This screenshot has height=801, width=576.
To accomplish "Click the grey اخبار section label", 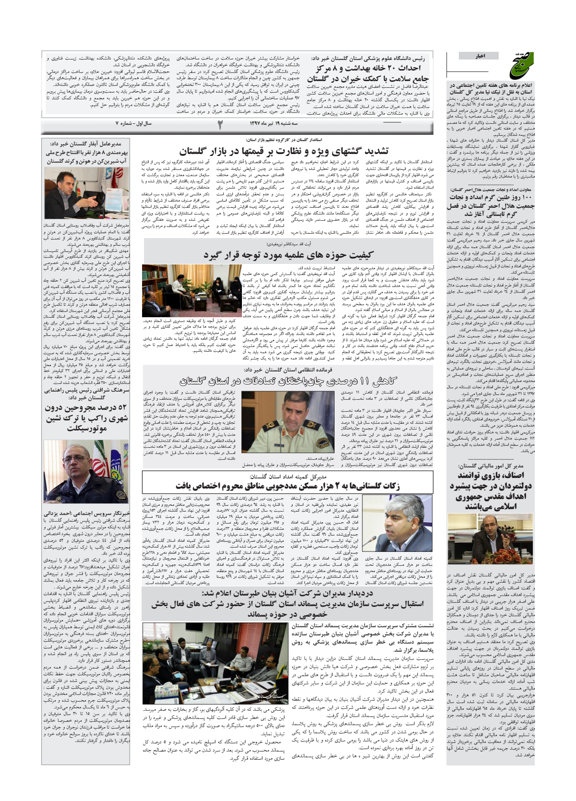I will [480, 56].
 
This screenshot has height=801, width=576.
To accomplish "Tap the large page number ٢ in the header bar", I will [220, 124].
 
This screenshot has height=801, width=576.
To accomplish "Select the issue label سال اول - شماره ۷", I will [133, 123].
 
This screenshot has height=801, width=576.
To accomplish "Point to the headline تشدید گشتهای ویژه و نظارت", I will [284, 151].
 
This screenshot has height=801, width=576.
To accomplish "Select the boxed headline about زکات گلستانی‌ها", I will [287, 485].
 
